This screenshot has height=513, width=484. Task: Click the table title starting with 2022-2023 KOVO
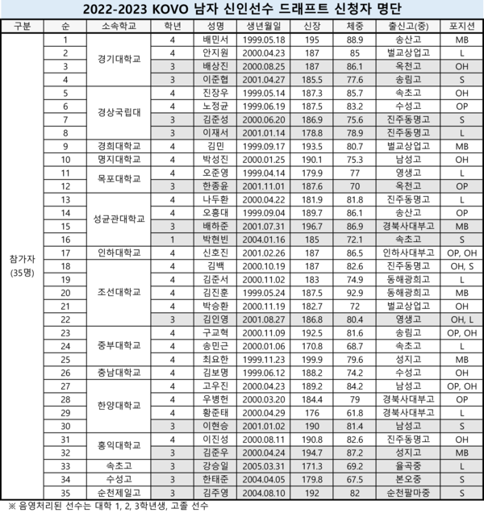pos(242,9)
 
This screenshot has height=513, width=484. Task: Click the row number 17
pos(64,253)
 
